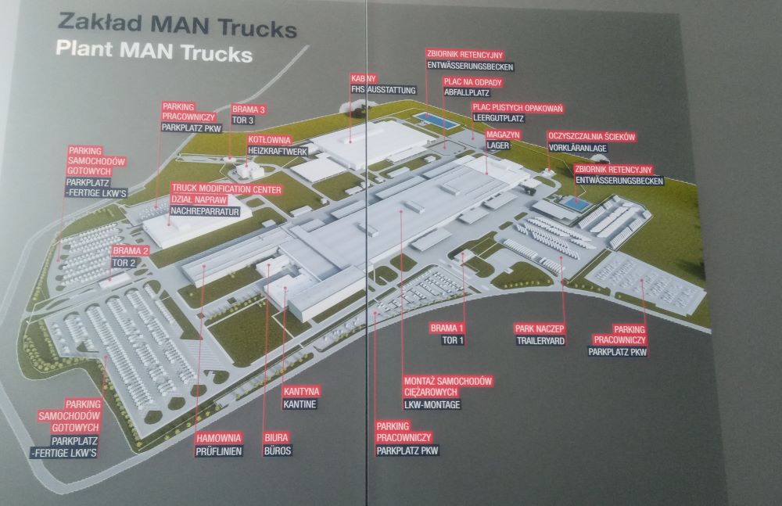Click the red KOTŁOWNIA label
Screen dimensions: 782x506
(x=269, y=140)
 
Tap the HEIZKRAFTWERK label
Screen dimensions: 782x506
(x=278, y=151)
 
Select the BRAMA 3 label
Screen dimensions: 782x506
(x=249, y=109)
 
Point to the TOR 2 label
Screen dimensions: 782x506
(x=124, y=263)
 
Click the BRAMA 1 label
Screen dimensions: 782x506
(x=447, y=328)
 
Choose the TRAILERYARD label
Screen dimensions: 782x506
(x=540, y=341)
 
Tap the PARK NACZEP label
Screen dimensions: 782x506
(x=540, y=328)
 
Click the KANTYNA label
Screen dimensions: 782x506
(x=301, y=391)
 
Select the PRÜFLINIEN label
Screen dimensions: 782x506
(x=219, y=451)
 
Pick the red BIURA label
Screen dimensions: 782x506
(x=276, y=438)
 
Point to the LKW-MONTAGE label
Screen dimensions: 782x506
(x=432, y=404)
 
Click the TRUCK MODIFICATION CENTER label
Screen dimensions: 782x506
(x=227, y=189)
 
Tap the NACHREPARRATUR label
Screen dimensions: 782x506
(x=205, y=211)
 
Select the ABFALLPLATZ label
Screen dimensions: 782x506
(x=467, y=92)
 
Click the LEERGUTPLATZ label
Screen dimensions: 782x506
(x=498, y=118)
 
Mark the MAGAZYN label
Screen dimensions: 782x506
(x=503, y=135)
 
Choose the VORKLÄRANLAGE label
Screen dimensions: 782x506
(x=578, y=148)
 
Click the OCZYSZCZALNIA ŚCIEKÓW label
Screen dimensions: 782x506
(x=592, y=136)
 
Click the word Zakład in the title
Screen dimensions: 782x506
(x=99, y=23)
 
